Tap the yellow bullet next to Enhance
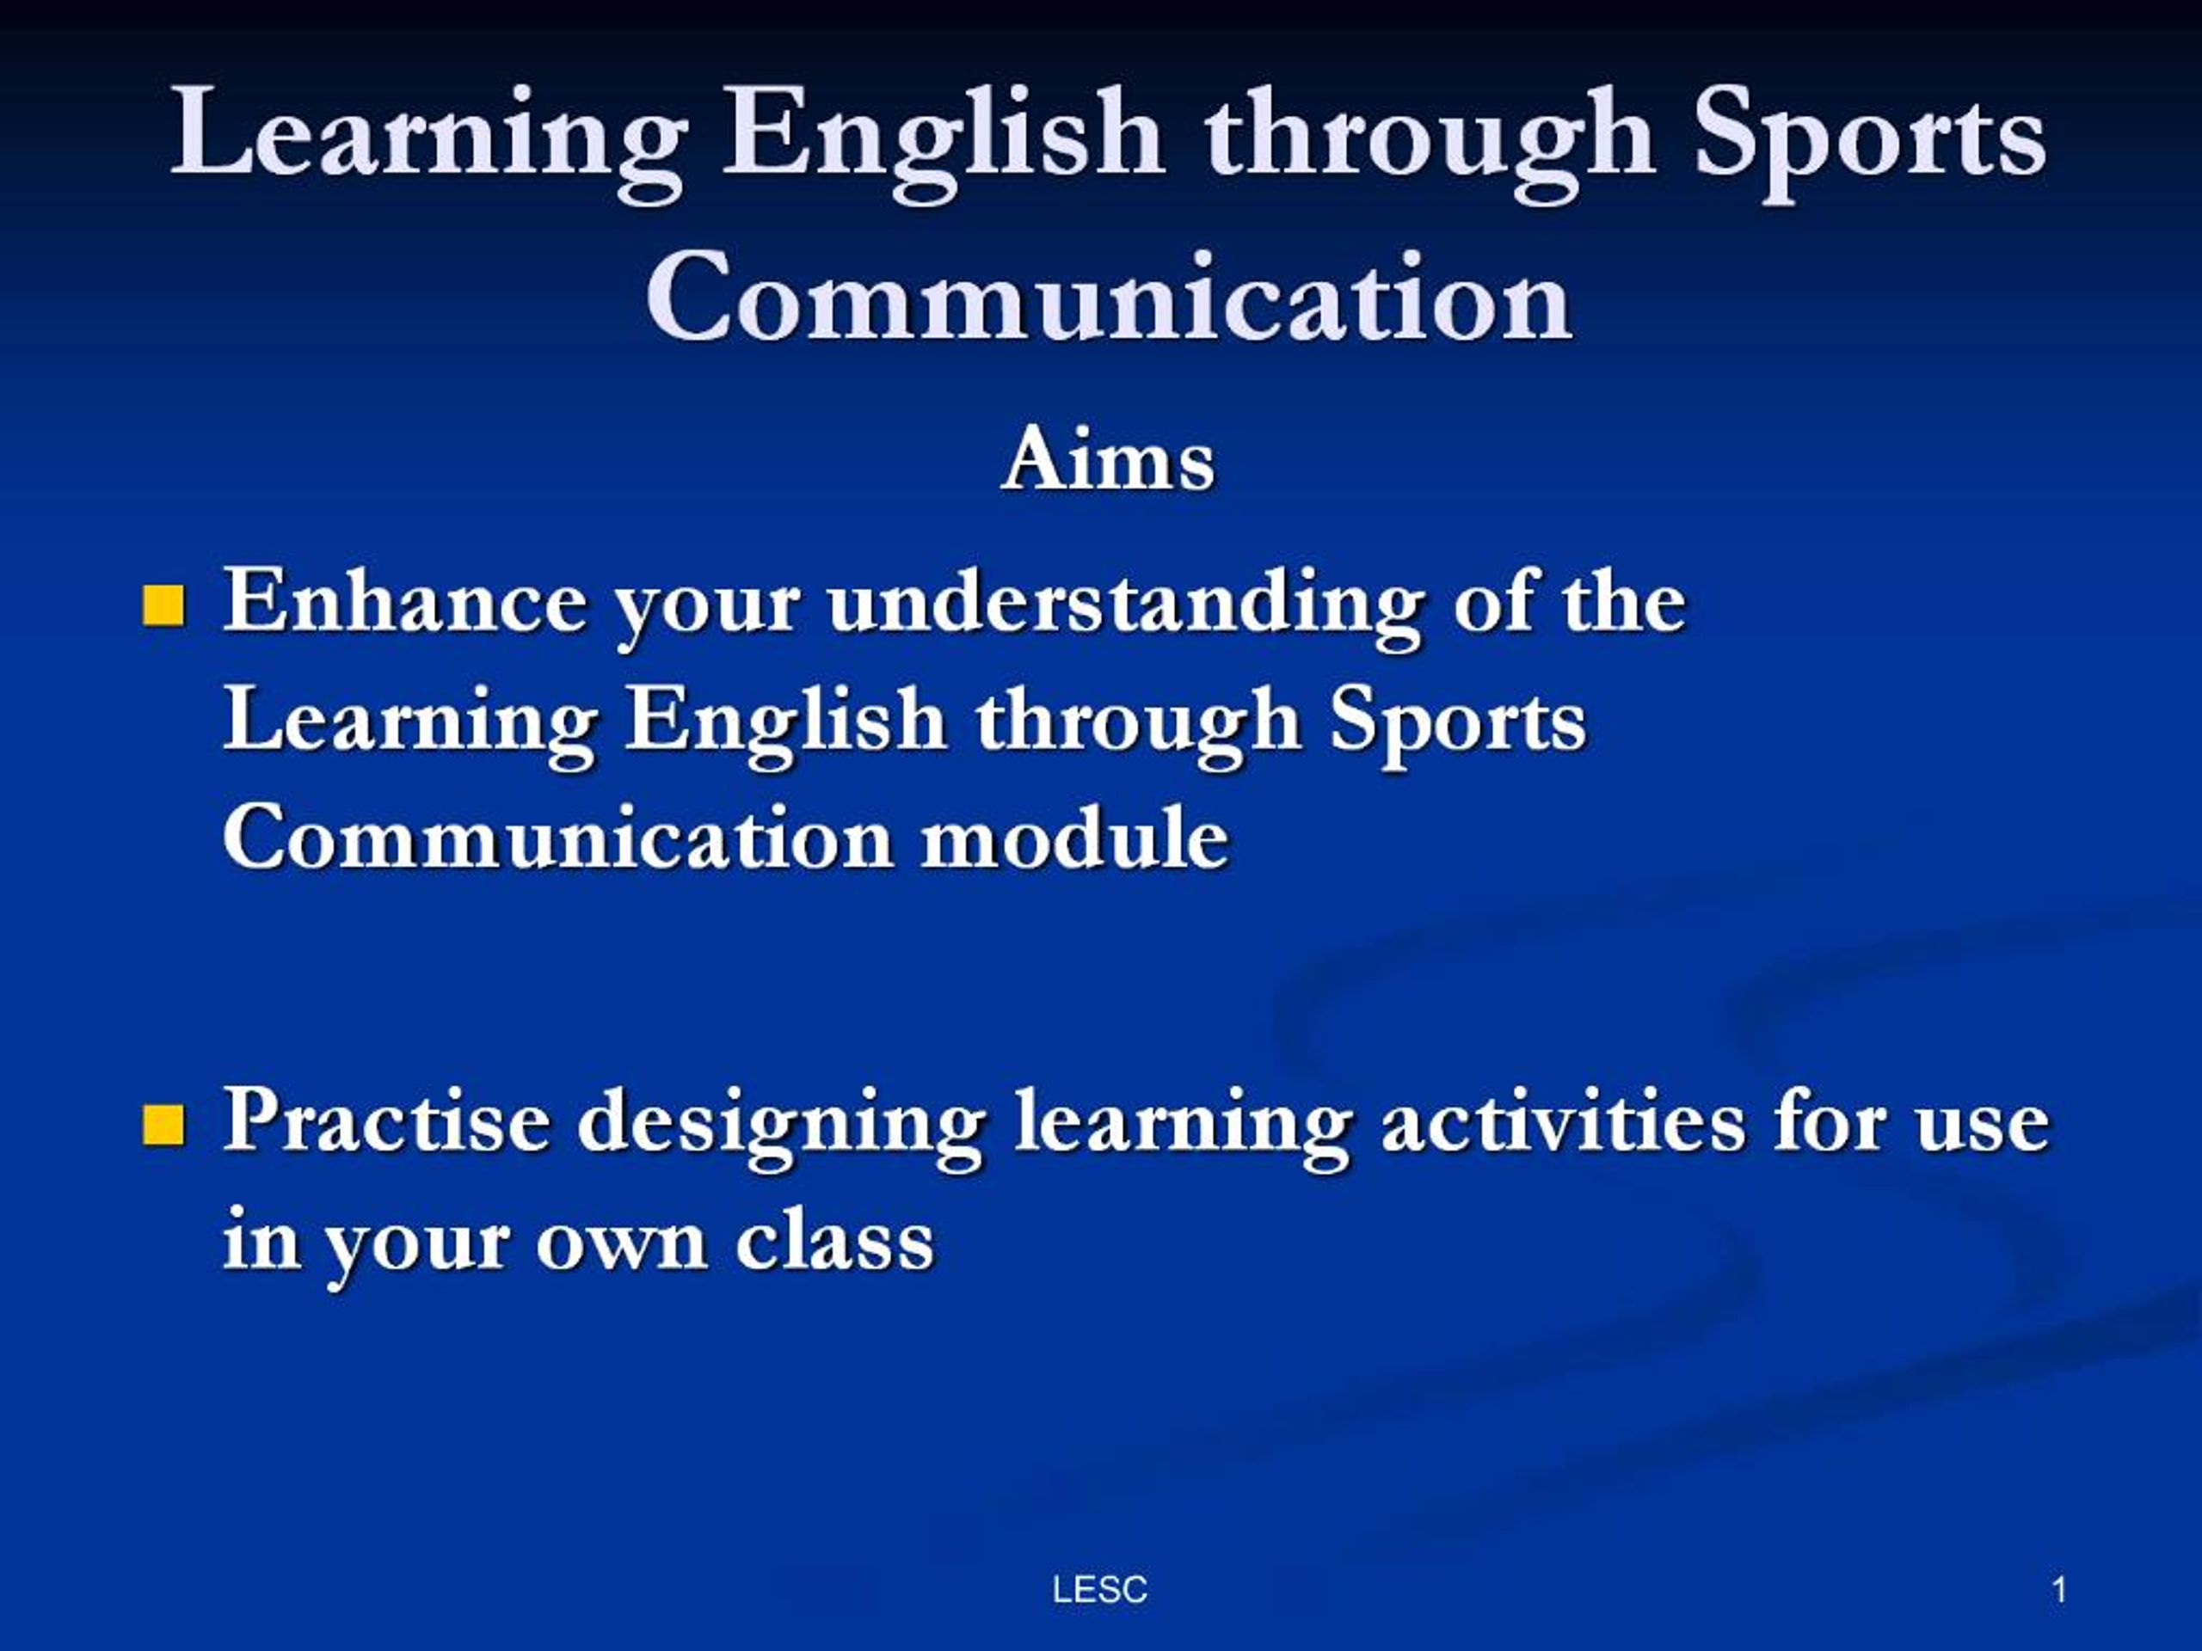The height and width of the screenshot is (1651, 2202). coord(164,606)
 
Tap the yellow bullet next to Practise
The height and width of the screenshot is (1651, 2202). coord(164,1125)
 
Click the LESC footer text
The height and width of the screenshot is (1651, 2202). coord(1099,1589)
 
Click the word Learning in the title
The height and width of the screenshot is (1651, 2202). coord(428,134)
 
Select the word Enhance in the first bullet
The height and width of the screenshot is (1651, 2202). coord(404,602)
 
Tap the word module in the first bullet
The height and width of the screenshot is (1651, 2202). coord(1075,838)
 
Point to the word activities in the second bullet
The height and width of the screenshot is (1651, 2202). coord(1564,1121)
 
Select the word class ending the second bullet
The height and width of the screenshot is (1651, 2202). coord(835,1240)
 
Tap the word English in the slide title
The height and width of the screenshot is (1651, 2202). coord(942,134)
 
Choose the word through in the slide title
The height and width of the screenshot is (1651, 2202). coord(1429,134)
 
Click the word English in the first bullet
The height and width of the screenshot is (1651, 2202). coord(785,721)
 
